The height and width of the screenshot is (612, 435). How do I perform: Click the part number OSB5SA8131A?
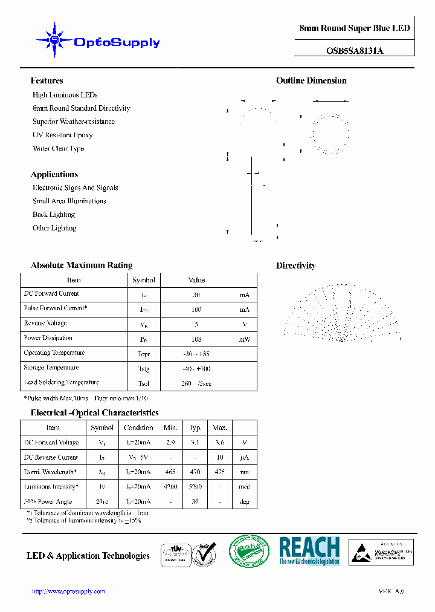coord(355,51)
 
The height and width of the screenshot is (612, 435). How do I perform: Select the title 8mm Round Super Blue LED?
coord(355,28)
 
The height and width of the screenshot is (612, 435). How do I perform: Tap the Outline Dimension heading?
coord(311,80)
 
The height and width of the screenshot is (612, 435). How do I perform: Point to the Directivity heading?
coord(295,265)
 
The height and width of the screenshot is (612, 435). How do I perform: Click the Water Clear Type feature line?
coord(58,148)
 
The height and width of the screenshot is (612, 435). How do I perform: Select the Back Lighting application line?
coord(54,215)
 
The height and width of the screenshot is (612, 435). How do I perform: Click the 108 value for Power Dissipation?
coord(196,339)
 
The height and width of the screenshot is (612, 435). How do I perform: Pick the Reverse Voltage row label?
coord(45,324)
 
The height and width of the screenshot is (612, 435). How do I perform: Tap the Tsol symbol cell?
coord(143,383)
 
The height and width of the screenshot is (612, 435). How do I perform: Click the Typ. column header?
coord(196,428)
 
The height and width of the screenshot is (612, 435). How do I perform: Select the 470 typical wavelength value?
coord(196,472)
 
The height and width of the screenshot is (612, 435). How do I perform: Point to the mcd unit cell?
coord(244,487)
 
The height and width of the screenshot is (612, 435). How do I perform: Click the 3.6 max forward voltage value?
coord(220,443)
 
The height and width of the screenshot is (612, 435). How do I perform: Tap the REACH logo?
coord(309,551)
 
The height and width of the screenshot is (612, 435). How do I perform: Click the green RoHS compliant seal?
coord(249,552)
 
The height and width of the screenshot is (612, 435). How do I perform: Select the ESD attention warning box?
coord(382,552)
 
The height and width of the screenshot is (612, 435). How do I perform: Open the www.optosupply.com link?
coord(68,591)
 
